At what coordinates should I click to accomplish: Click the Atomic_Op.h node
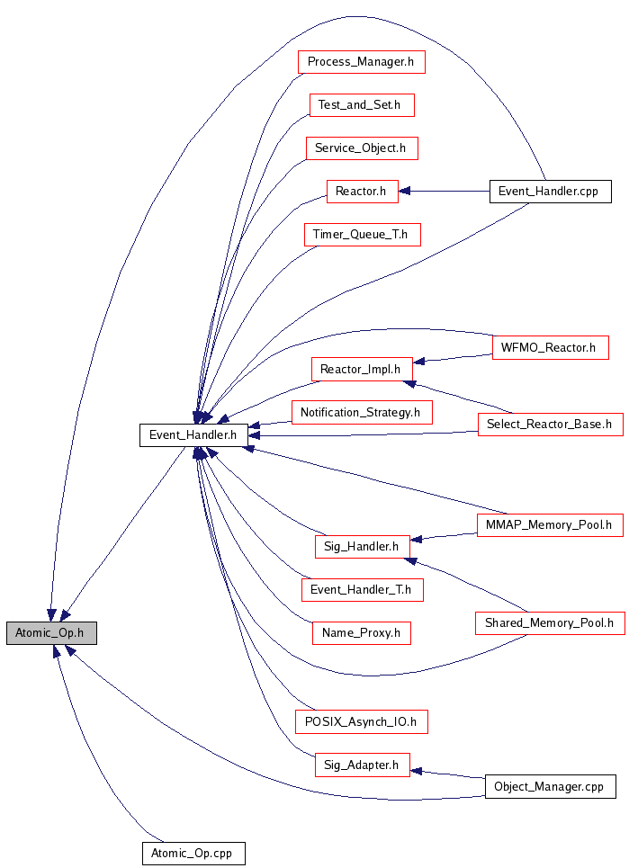tap(50, 632)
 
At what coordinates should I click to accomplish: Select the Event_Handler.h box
tap(193, 435)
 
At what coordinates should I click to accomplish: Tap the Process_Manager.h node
tap(360, 62)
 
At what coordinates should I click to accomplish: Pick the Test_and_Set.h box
tap(361, 104)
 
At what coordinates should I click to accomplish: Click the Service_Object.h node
tap(361, 148)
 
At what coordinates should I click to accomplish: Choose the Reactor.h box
tap(361, 191)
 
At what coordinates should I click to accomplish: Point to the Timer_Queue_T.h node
tap(361, 235)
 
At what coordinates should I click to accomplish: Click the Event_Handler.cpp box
tap(549, 191)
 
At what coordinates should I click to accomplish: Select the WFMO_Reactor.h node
tap(550, 346)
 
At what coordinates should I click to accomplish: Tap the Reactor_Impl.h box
tap(361, 368)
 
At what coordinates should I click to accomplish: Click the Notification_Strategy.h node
tap(361, 412)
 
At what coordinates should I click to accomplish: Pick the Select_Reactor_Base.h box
tap(550, 424)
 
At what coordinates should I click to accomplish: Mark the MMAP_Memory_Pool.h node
tap(550, 523)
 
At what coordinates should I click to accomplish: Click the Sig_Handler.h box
tap(361, 545)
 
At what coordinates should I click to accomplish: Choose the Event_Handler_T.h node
tap(361, 589)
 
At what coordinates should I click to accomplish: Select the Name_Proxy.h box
tap(361, 632)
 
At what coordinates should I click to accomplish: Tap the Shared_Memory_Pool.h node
tap(550, 622)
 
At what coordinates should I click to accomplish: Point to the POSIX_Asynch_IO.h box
tap(361, 720)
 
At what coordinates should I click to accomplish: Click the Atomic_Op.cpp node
tap(193, 853)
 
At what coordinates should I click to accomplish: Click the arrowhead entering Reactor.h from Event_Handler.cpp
tap(404, 191)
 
